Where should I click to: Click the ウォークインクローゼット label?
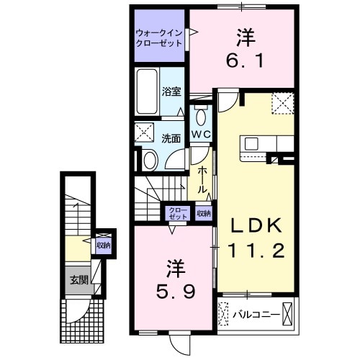(x=158, y=37)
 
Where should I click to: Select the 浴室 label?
(x=171, y=91)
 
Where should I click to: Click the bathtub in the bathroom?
(x=146, y=91)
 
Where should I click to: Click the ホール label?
(x=204, y=178)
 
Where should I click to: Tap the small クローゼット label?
(x=177, y=212)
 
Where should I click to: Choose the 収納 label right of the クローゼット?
(x=204, y=212)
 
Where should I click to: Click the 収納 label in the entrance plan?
(x=104, y=245)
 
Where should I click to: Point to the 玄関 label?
(x=78, y=279)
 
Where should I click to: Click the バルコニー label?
(x=255, y=314)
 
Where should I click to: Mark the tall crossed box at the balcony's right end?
(x=288, y=314)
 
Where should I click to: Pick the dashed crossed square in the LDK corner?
(x=282, y=104)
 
